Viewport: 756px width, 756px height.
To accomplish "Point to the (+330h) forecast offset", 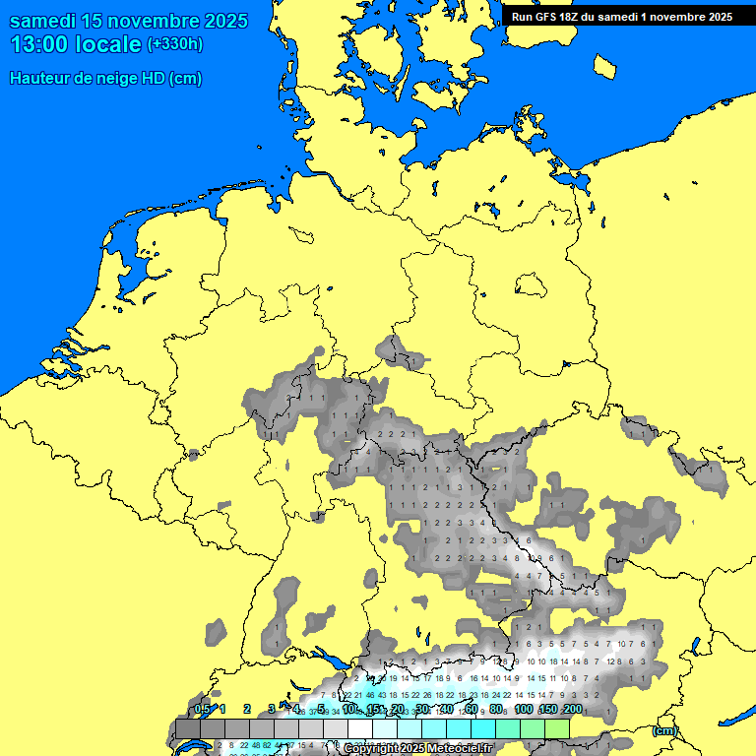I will pos(174,44).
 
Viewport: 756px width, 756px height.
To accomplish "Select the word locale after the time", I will pos(109,45).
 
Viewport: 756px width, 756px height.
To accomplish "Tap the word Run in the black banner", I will pos(523,17).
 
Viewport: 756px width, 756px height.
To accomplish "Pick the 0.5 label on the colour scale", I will pos(202,709).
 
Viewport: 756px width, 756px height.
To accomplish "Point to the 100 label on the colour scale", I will pos(524,709).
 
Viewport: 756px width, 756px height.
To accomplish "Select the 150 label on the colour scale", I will pos(547,709).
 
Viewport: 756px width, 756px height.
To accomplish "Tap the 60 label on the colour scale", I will pos(471,709).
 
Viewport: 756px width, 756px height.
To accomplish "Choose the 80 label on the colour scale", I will pos(496,709).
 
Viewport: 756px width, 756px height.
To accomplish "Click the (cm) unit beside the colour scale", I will pos(664,730).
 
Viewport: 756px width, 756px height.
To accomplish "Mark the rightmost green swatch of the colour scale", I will pos(557,728).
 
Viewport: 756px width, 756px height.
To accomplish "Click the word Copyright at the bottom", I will pos(369,749).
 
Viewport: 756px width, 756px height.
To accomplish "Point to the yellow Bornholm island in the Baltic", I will pos(605,65).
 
